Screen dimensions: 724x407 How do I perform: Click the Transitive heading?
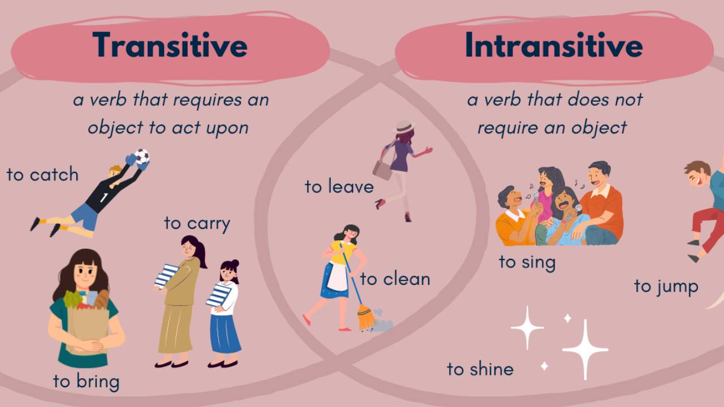(170, 45)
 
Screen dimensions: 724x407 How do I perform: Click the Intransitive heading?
(554, 45)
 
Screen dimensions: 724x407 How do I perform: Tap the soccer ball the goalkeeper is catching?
(142, 157)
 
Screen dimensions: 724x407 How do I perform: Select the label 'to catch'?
(42, 175)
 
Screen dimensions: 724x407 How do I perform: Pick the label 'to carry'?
(197, 223)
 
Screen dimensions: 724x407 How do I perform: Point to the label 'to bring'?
(87, 382)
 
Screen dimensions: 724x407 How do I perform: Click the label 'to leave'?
(339, 187)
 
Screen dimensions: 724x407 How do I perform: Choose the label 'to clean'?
(395, 279)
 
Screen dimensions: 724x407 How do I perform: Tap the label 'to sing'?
(527, 262)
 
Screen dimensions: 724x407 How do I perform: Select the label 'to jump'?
(666, 287)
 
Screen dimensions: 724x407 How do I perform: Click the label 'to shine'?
(480, 369)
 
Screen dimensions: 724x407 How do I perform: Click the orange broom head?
(366, 318)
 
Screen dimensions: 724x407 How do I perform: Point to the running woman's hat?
(404, 127)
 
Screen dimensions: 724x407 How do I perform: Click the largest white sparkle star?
(585, 349)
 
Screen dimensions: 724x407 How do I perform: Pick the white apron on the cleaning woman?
(338, 276)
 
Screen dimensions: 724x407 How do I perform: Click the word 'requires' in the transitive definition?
(208, 99)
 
